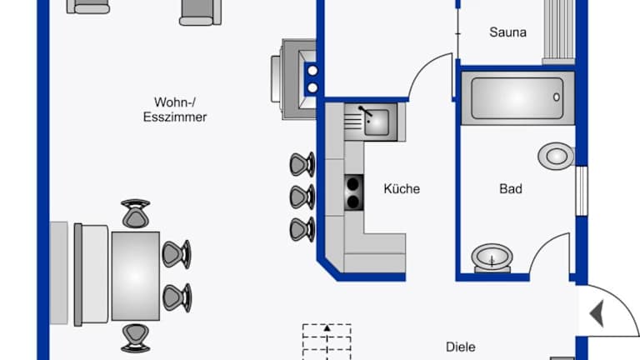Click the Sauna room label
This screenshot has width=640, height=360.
coord(507,33)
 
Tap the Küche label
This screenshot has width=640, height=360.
coord(402,189)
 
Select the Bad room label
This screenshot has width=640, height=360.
coord(511,189)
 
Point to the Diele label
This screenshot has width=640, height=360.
coord(460,347)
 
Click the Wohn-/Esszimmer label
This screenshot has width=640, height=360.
coord(174,110)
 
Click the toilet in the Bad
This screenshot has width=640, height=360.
coord(555,155)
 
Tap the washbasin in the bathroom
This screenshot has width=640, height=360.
coord(492,258)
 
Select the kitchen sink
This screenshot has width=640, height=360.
coord(377,122)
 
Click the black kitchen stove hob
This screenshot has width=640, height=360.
coord(355,192)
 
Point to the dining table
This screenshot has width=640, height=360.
coord(135,276)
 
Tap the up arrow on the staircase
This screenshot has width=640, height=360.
coord(327,328)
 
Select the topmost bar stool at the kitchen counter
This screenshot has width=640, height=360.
coord(302,164)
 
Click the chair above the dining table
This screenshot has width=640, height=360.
coord(135,214)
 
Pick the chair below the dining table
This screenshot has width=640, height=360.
coord(135,337)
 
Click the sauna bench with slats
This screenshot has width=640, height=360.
coord(558,30)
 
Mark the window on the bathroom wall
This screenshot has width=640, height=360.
coord(582,190)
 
